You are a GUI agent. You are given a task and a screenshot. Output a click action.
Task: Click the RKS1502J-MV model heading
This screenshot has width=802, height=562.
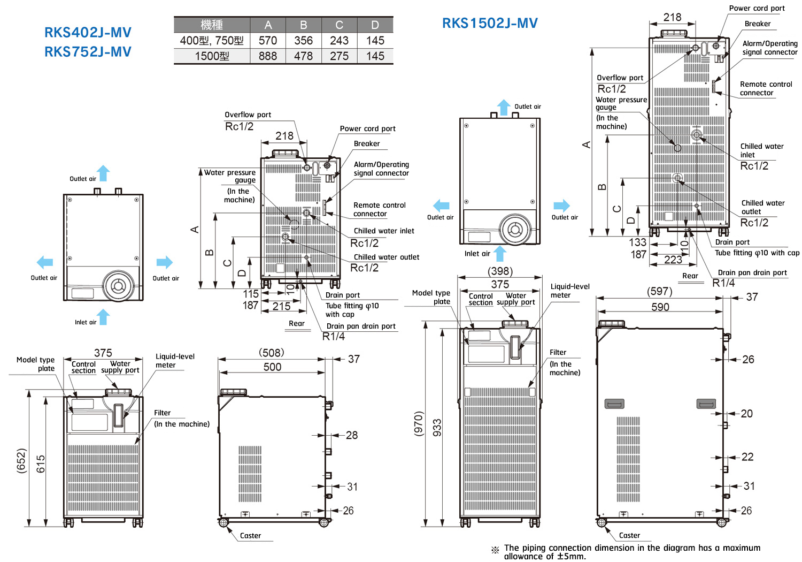(490, 23)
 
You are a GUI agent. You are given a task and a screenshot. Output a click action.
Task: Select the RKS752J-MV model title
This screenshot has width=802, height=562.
(88, 52)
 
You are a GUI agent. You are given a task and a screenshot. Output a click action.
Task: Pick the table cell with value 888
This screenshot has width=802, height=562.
(267, 56)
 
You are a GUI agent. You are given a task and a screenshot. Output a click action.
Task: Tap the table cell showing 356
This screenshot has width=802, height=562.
(303, 41)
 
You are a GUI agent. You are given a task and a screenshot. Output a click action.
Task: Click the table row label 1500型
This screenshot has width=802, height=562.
(212, 56)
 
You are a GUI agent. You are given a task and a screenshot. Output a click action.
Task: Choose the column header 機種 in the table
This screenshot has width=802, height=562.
(212, 25)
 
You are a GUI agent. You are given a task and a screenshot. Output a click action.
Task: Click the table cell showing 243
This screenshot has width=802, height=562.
(339, 41)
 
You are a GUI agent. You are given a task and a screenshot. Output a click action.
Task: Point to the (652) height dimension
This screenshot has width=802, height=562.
(21, 460)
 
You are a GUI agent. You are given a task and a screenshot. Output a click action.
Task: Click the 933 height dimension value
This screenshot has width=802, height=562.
(437, 428)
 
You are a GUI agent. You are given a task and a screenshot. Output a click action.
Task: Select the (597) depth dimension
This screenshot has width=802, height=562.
(659, 291)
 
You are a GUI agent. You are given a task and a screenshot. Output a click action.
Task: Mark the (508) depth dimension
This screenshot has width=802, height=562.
(272, 353)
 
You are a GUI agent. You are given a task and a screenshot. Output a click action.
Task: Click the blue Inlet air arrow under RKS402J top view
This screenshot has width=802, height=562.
(104, 317)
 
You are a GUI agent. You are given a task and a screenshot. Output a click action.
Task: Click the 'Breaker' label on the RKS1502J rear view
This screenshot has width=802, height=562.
(757, 24)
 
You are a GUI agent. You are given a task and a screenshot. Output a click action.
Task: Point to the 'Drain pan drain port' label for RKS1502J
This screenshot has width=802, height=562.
(752, 272)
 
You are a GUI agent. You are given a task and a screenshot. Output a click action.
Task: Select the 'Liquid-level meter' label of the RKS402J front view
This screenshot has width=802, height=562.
(174, 360)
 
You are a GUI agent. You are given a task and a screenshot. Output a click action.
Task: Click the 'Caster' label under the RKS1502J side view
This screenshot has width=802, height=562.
(629, 535)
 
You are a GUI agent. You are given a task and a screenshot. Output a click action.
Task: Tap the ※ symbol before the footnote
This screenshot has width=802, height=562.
(495, 550)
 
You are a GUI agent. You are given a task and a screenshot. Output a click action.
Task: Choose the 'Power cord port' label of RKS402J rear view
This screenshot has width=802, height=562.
(367, 128)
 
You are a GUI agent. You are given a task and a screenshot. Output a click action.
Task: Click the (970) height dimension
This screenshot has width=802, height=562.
(419, 423)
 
